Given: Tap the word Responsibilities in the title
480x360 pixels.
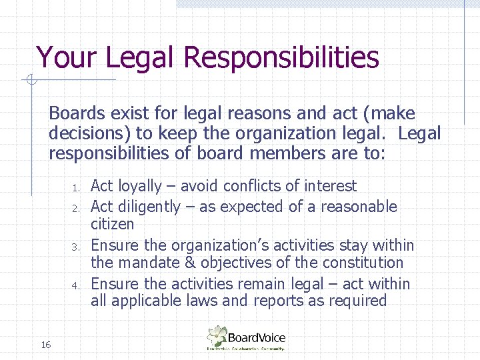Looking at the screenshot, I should [280, 57].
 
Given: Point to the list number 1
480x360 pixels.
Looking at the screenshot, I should [77, 187].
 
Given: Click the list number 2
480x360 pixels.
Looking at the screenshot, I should [77, 208].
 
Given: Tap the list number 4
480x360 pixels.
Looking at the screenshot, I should [77, 285].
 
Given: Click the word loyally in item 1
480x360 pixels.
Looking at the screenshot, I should [138, 187].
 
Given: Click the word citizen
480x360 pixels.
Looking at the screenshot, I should [112, 224].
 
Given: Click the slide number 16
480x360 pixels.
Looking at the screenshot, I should [46, 345].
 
